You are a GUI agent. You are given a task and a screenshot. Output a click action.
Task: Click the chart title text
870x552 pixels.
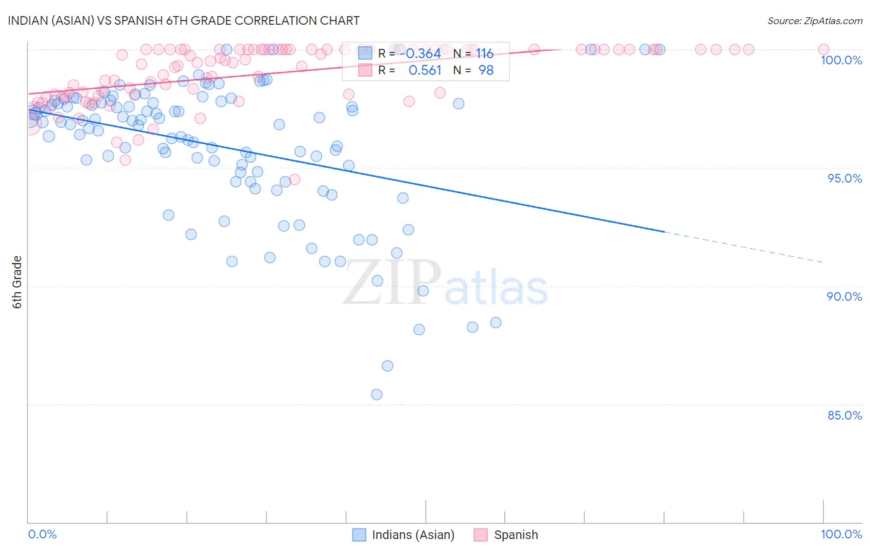point(183,20)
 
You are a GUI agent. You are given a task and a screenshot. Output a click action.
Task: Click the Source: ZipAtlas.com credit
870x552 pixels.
point(814,20)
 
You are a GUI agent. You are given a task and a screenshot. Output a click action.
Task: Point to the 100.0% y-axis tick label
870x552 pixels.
point(841,60)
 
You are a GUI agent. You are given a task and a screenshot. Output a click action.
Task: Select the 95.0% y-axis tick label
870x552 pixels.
point(845,178)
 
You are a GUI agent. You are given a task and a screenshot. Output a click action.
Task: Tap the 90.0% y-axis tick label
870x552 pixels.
point(844,296)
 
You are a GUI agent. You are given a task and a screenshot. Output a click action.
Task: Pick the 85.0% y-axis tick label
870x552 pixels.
point(845,415)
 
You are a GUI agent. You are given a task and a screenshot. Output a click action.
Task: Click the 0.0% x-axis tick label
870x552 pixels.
point(42,534)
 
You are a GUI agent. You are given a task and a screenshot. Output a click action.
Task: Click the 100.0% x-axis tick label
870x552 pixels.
point(841,534)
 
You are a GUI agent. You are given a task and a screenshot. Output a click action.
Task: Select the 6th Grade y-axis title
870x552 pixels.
point(17,282)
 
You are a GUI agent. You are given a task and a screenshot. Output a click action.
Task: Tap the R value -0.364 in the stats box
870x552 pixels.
point(420,54)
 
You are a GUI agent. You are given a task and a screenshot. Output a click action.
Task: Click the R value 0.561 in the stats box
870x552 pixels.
point(424,71)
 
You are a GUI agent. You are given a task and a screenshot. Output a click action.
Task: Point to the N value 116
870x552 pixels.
point(485,54)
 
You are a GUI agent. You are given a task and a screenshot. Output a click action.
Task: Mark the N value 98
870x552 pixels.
point(486,71)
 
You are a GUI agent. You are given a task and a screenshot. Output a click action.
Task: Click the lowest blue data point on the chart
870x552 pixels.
point(376,394)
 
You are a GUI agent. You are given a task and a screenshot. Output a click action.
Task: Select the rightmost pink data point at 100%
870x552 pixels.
point(823,50)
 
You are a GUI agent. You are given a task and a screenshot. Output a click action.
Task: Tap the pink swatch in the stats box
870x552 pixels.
point(365,71)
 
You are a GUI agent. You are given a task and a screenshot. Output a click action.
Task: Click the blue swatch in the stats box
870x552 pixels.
point(365,53)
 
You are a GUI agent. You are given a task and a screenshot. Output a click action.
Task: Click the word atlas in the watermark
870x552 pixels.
point(496,288)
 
